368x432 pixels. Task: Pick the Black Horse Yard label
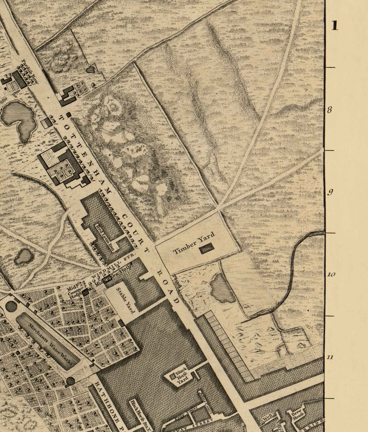181,374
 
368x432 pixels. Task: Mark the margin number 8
330,110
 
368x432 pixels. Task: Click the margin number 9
330,192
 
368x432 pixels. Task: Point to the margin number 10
331,274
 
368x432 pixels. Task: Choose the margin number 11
330,357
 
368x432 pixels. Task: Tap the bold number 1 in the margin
335,25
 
